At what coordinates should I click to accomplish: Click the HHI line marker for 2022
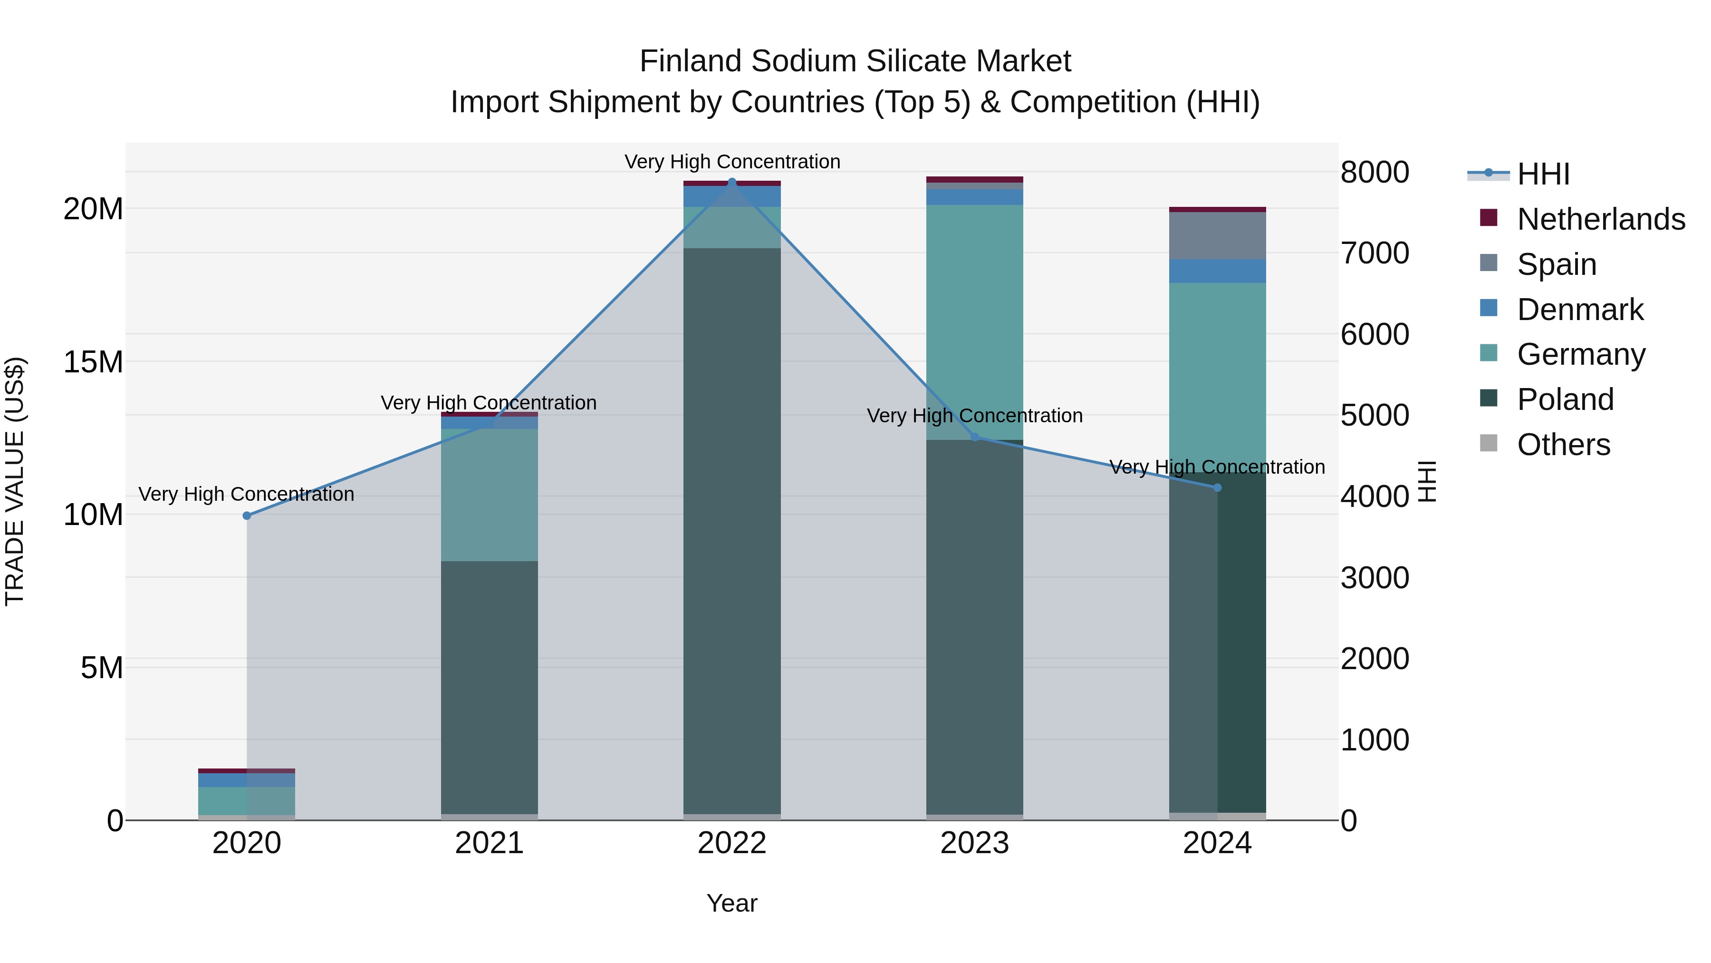coord(732,182)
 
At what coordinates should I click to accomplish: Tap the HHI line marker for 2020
coord(247,516)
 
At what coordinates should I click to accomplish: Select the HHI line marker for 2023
coord(975,437)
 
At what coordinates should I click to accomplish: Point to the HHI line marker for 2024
coord(1218,488)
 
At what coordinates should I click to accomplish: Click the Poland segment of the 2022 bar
coord(732,532)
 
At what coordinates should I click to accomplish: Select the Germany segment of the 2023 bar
coord(975,322)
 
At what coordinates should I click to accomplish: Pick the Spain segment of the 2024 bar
coord(1218,236)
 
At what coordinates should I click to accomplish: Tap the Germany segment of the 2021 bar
coord(490,495)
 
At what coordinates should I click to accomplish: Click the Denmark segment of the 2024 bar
coord(1218,271)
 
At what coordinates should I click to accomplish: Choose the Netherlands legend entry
coord(1601,219)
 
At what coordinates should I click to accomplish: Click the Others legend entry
coord(1564,445)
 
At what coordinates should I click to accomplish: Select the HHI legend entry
coord(1544,174)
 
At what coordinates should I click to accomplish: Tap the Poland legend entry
coord(1565,399)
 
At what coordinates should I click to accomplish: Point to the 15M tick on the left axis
coord(93,362)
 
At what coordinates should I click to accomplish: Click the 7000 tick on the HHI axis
coord(1374,253)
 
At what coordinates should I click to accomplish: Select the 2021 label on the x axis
coord(490,843)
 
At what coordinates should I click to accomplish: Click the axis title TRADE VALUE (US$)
coord(15,481)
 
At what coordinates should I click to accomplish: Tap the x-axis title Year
coord(732,903)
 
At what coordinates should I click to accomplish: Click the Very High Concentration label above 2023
coord(975,416)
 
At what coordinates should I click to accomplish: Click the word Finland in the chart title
coord(690,61)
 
